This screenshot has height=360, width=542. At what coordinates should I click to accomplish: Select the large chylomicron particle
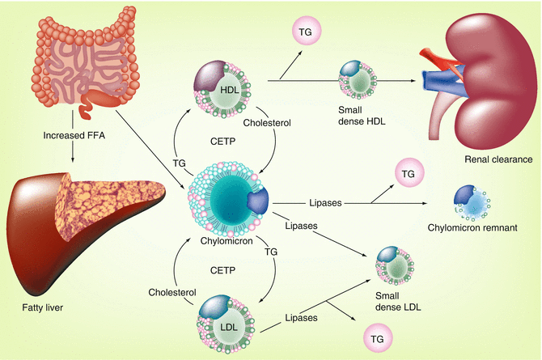click(x=228, y=200)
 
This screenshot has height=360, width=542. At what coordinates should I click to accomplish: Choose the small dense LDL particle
click(x=394, y=265)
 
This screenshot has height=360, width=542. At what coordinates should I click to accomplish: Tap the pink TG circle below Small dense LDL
click(x=375, y=336)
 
